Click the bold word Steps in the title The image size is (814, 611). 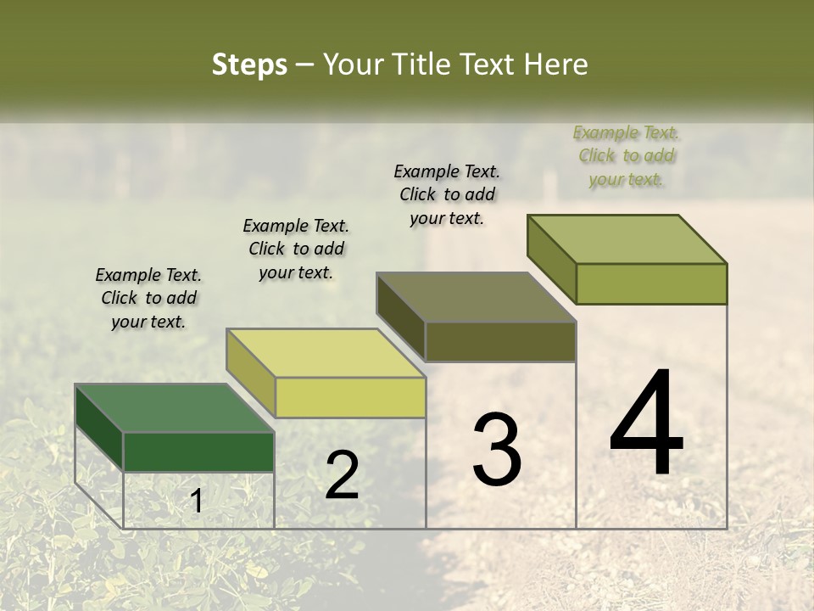click(x=249, y=64)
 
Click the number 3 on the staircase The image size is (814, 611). click(x=496, y=450)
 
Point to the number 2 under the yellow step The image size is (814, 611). click(x=342, y=475)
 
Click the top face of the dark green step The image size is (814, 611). click(x=174, y=408)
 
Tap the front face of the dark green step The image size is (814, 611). click(x=199, y=452)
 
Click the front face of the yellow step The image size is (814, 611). click(x=350, y=397)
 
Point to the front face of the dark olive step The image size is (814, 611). click(x=501, y=342)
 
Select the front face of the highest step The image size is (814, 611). click(x=652, y=283)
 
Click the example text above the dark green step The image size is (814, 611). click(x=148, y=298)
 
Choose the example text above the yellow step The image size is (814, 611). click(x=296, y=249)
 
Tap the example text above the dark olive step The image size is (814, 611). click(x=447, y=194)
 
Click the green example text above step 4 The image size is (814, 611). click(x=626, y=155)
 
